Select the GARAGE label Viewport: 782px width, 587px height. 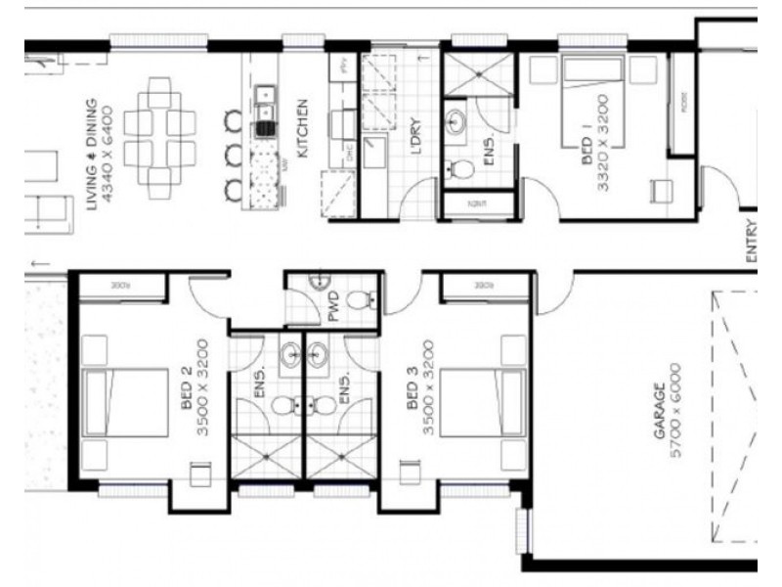click(661, 411)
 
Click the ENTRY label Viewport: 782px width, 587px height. click(751, 241)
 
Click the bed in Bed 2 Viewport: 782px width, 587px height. click(127, 402)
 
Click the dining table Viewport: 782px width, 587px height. click(159, 137)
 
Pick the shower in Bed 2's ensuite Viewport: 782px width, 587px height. click(267, 456)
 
